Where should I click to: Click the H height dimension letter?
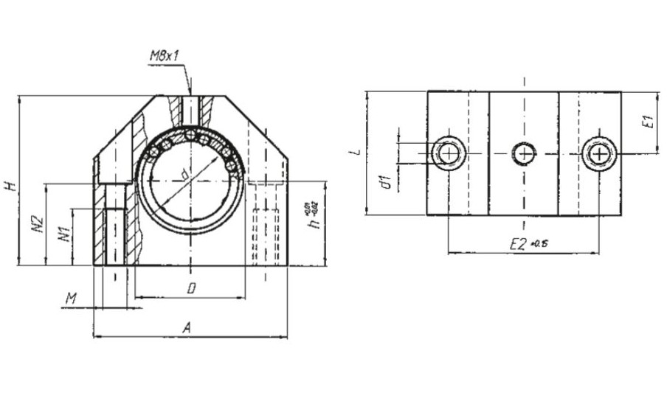(x=10, y=186)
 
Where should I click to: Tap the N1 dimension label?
(x=66, y=235)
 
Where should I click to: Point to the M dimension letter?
(x=72, y=297)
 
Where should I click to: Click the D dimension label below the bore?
(x=190, y=289)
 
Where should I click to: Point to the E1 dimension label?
(x=648, y=122)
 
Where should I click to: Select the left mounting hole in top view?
(x=447, y=153)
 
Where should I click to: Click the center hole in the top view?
(x=524, y=153)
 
